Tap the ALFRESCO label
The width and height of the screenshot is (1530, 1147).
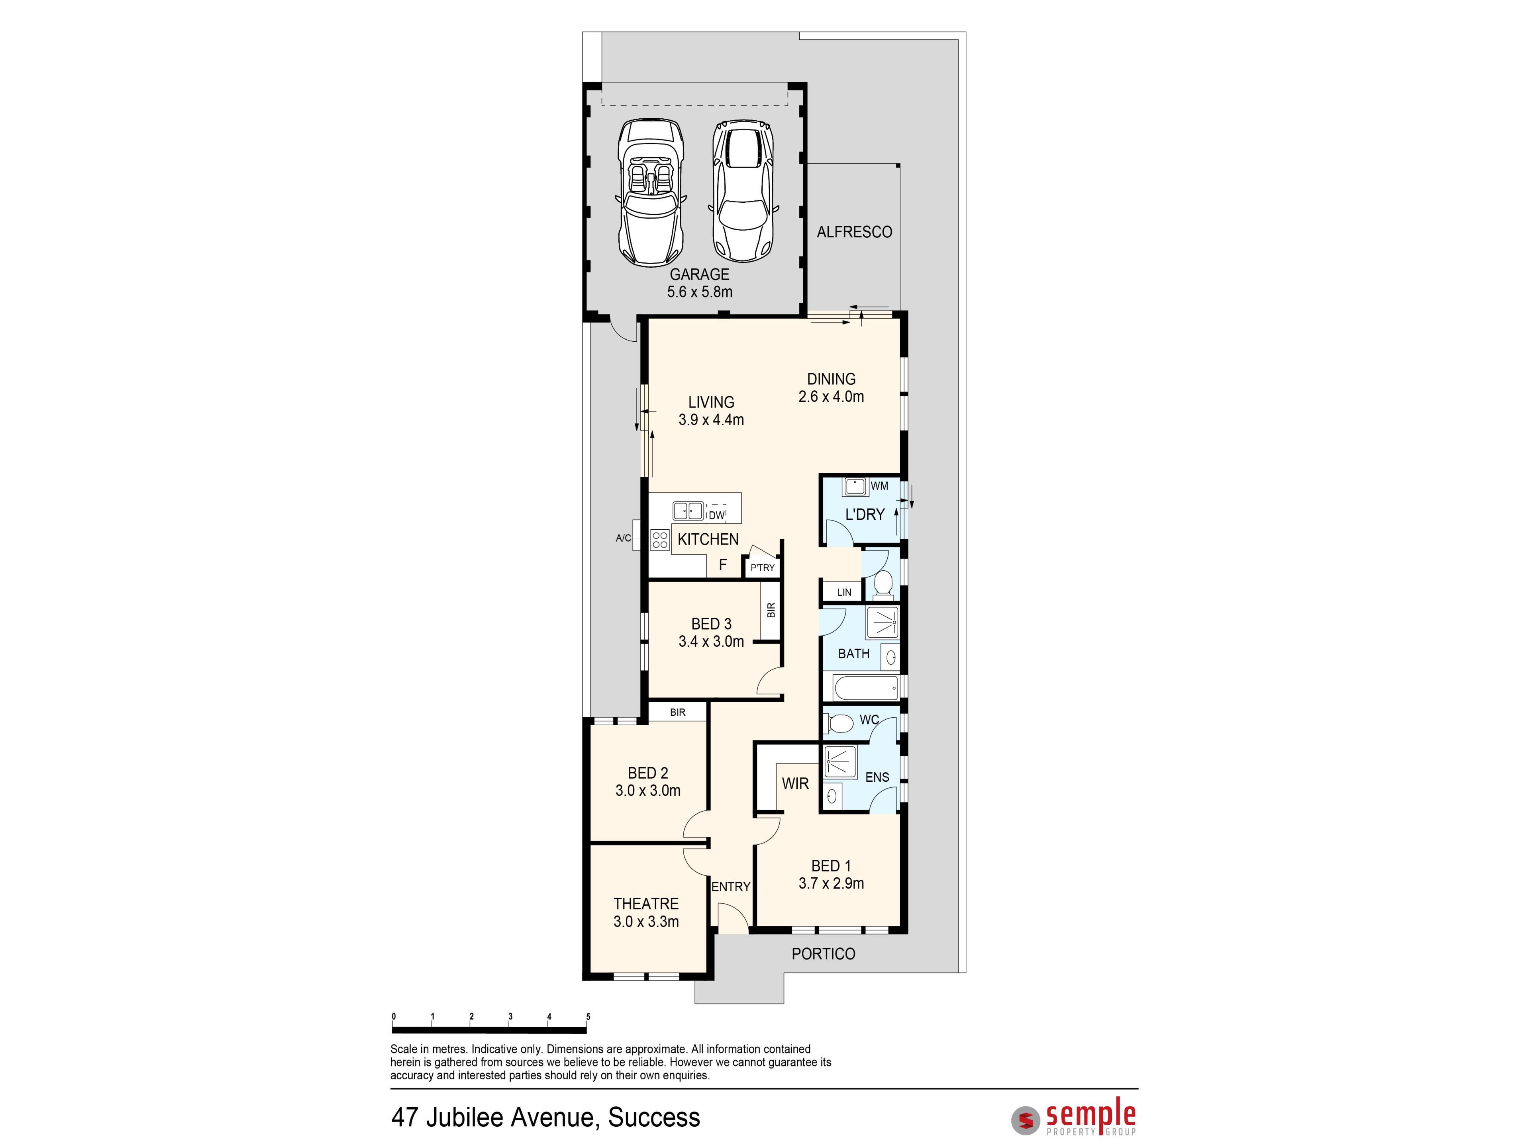tap(854, 232)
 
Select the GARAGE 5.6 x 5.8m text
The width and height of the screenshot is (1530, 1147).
tap(699, 283)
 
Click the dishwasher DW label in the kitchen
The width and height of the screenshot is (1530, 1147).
tap(716, 515)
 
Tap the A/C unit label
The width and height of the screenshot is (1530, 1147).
tap(623, 538)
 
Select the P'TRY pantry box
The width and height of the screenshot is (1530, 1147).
tap(762, 568)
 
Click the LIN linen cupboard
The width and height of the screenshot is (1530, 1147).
tap(843, 592)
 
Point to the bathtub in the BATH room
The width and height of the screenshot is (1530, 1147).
tap(865, 687)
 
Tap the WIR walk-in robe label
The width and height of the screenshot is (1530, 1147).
tap(795, 783)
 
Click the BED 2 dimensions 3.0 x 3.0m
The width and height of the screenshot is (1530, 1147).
tap(648, 790)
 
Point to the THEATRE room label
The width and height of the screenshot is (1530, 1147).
tap(646, 904)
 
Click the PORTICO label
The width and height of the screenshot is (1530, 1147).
tap(823, 954)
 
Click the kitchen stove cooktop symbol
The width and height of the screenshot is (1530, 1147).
tap(659, 539)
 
